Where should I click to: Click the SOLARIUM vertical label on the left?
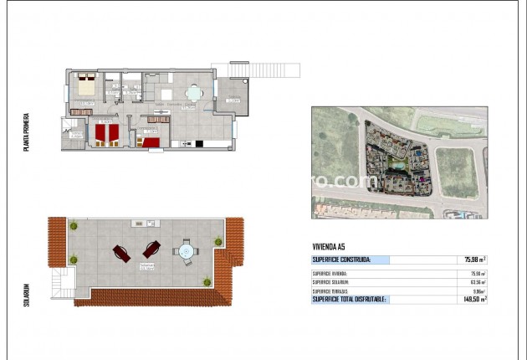28,293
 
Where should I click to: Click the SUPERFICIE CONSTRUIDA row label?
340,260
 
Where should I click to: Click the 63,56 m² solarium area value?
477,282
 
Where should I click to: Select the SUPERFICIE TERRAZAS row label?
331,291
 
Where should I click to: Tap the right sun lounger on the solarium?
151,249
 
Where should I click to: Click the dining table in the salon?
193,94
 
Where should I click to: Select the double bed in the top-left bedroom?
84,85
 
